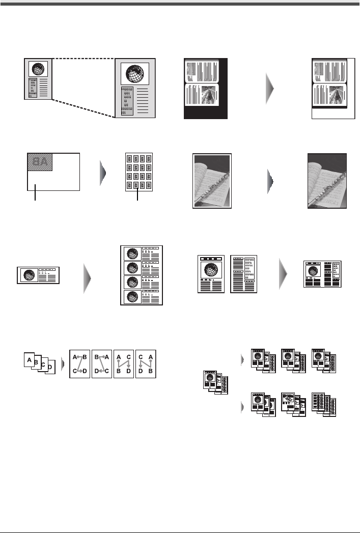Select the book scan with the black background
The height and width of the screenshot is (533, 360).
pos(206,89)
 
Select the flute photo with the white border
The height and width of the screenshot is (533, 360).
pos(211,180)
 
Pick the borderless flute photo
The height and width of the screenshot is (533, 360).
pos(327,180)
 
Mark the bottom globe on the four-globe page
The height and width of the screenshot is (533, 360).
pos(133,296)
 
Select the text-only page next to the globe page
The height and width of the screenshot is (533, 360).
pos(243,274)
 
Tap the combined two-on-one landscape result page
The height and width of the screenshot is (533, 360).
pos(323,274)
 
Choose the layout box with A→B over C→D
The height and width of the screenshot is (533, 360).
pos(79,363)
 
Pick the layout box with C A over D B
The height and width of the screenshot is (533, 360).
pos(147,363)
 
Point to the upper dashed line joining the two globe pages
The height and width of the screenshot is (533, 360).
pos(84,58)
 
